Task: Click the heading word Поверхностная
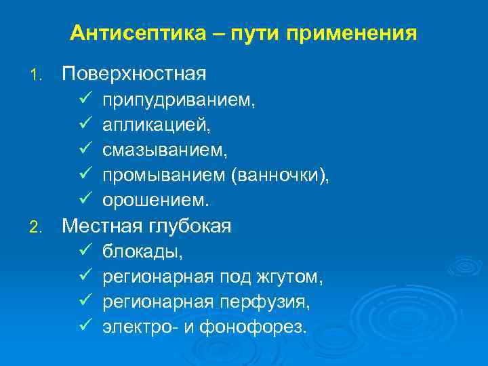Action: coord(134,73)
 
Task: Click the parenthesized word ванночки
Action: coord(279,176)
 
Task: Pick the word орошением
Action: coord(156,201)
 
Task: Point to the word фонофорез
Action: coord(266,328)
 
